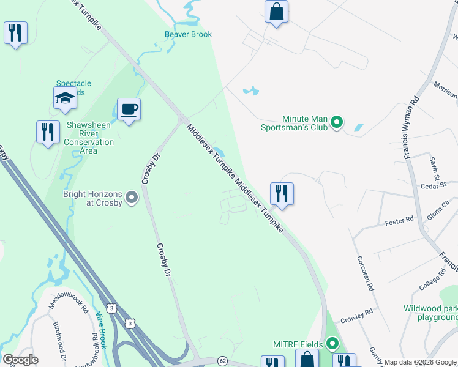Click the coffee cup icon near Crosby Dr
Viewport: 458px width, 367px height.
[x=129, y=110]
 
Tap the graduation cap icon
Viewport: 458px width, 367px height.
[x=65, y=98]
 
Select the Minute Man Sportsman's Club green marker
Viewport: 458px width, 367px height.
[x=336, y=123]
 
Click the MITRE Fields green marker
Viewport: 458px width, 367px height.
[x=332, y=344]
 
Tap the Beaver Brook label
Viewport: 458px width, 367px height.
[x=188, y=34]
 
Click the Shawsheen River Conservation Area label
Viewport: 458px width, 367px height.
[x=90, y=137]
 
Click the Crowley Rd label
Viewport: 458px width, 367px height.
[x=356, y=314]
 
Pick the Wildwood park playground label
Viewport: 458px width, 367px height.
[x=430, y=313]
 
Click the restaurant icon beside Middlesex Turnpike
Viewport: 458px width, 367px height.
[x=282, y=194]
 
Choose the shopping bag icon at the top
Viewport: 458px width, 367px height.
[x=276, y=12]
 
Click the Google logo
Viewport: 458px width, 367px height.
[x=20, y=360]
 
